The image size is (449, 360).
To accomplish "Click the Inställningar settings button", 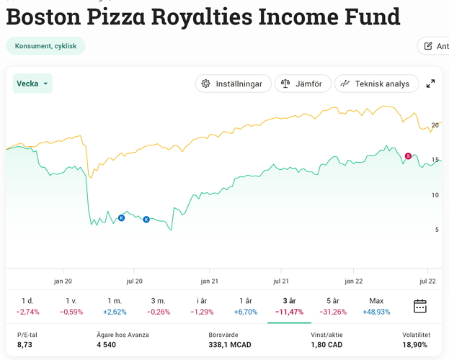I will [234, 84].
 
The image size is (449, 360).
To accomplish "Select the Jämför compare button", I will [303, 84].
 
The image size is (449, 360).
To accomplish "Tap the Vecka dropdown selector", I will [32, 84].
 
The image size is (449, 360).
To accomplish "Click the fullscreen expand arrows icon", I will [430, 84].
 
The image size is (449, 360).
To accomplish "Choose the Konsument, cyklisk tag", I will [45, 46].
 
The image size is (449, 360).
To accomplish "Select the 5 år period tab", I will [332, 306].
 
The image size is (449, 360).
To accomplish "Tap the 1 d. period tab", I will [27, 306].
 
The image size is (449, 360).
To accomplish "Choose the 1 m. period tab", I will [115, 306].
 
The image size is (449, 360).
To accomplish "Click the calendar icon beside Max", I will [420, 306].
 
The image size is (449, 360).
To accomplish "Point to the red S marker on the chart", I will [408, 156].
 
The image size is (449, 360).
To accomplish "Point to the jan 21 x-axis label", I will [210, 281].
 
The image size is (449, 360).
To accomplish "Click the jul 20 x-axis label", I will [134, 281].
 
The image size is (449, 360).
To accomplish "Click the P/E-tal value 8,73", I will [25, 345].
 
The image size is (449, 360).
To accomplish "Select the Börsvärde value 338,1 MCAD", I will [230, 345].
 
